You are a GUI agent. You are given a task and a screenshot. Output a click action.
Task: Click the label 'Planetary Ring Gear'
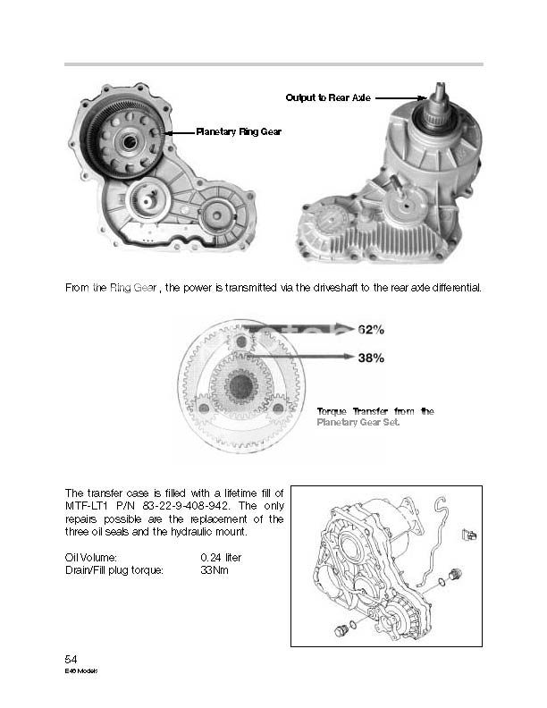coord(239,131)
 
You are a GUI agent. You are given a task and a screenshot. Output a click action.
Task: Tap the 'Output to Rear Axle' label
coord(328,97)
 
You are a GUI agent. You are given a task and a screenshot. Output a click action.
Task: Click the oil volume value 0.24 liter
coord(222,557)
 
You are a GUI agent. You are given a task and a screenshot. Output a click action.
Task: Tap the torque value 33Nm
coord(215,569)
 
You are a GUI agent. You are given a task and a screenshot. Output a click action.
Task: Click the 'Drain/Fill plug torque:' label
coord(114,569)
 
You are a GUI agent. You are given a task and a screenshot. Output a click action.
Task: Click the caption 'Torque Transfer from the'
coord(375,411)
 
